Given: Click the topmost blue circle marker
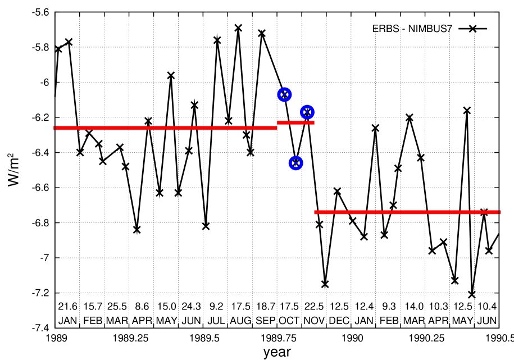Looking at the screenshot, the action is [x=284, y=94].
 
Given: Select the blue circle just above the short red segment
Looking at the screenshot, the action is [x=307, y=112].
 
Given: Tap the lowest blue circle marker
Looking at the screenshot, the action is [x=295, y=163].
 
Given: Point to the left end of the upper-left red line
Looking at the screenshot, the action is [x=54, y=128].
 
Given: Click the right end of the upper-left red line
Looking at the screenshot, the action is [x=276, y=128].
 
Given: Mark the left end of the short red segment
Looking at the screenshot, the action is [x=278, y=122].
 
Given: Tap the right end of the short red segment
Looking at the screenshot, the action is [x=314, y=122].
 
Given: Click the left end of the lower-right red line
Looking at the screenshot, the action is [x=315, y=212].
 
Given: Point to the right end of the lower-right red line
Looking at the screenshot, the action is [x=499, y=212].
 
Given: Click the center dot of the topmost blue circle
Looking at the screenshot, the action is [x=284, y=94].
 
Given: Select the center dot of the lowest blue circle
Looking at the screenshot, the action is [x=295, y=163].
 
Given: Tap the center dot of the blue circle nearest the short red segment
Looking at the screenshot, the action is [x=307, y=112].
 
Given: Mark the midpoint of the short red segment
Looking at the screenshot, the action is [x=295, y=122].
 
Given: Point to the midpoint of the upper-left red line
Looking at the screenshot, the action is [x=166, y=128].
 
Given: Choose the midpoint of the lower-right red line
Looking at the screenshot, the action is [x=407, y=212].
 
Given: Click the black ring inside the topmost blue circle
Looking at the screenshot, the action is [x=287, y=94].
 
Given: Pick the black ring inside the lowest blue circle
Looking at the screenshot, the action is [x=298, y=163].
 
